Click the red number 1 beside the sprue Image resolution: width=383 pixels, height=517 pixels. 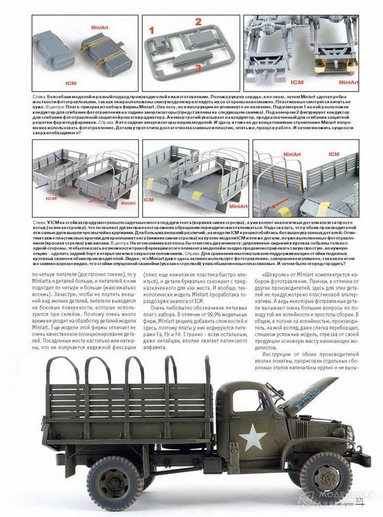click(x=152, y=30)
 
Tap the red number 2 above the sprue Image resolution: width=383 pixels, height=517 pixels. click(x=198, y=22)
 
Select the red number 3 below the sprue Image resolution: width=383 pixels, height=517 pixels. click(x=197, y=68)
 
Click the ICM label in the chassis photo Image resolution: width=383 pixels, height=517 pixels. click(x=297, y=82)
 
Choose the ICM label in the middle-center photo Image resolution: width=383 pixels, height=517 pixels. click(x=149, y=200)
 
